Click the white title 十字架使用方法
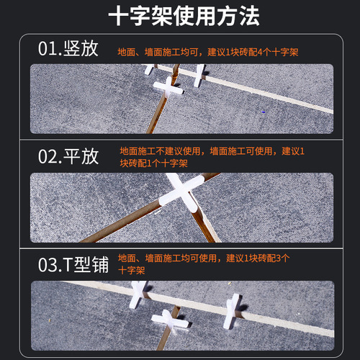179,17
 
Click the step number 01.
51,50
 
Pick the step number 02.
51,156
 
